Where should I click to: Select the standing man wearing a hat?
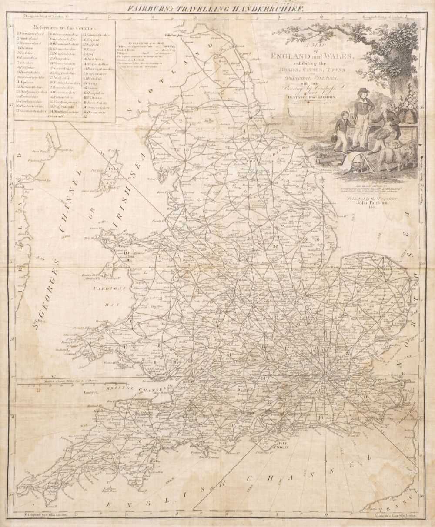click(361, 115)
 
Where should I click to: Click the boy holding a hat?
click(341, 130)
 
